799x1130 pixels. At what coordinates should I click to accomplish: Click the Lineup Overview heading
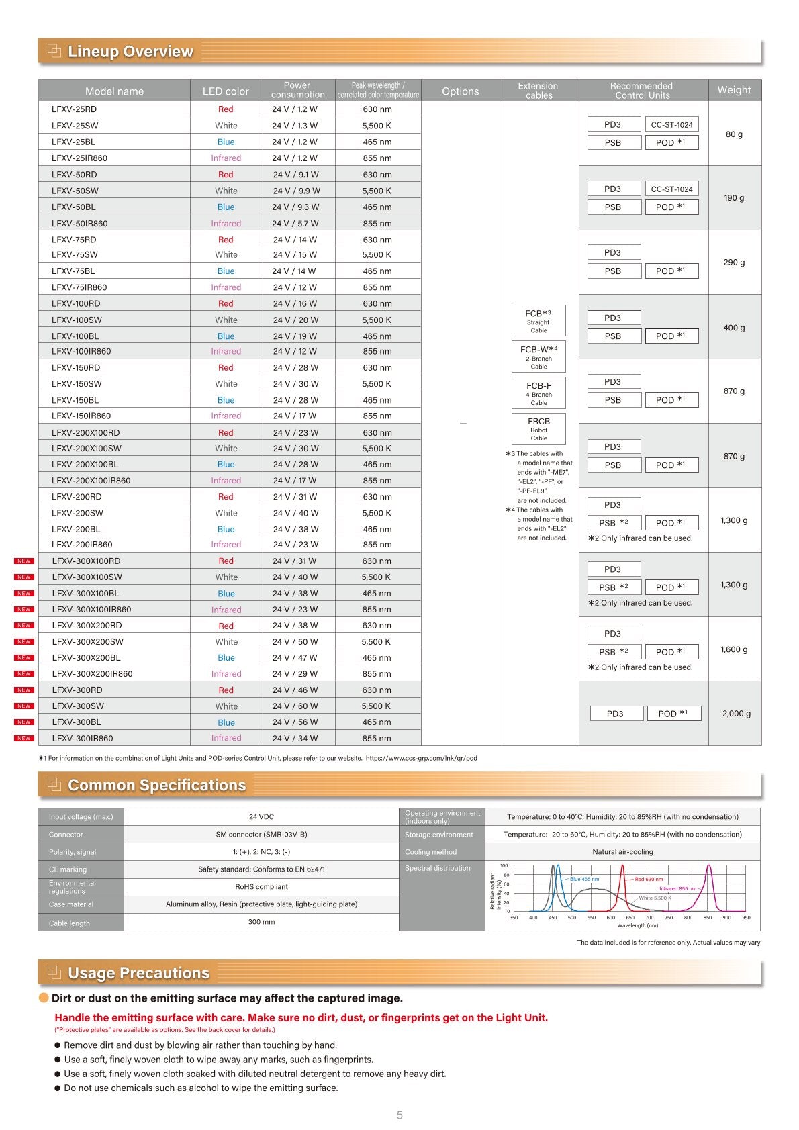tap(130, 52)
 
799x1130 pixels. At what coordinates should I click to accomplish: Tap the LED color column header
tap(226, 91)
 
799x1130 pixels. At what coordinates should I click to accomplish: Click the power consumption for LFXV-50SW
tap(296, 191)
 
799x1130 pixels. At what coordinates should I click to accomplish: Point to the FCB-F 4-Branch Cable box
tap(538, 393)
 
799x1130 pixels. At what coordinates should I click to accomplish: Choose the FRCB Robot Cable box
tap(538, 428)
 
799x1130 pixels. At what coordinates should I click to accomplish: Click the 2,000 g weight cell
tap(736, 714)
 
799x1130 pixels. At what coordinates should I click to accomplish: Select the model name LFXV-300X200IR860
tap(93, 674)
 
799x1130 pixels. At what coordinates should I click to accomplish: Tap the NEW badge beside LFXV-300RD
tap(24, 690)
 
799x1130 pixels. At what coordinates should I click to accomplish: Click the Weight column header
tap(734, 90)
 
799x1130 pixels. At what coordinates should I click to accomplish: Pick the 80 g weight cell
tap(734, 134)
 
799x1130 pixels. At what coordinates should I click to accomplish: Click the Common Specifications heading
tap(156, 785)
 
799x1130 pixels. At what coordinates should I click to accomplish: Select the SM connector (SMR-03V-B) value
tap(261, 835)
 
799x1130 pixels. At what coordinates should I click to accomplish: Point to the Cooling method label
tap(430, 852)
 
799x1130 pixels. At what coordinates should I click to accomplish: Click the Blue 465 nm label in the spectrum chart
tap(584, 879)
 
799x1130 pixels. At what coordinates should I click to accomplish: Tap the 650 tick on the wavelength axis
tap(630, 917)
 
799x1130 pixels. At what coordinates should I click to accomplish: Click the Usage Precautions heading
tap(138, 973)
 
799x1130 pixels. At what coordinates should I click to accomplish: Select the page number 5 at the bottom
tap(399, 1115)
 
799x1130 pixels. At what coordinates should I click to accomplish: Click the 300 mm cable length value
tap(261, 922)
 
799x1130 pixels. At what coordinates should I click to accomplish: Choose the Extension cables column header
tap(538, 91)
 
